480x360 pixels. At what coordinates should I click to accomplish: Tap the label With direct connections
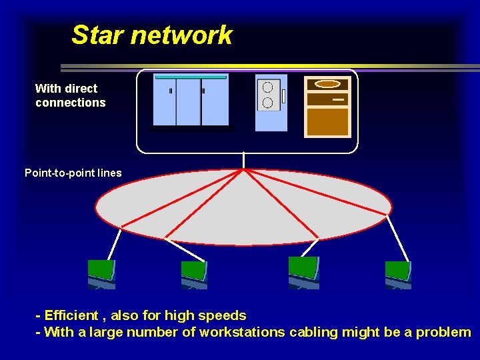(70, 95)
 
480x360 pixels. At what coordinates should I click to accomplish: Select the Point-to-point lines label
(73, 173)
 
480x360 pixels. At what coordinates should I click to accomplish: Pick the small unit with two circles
(271, 101)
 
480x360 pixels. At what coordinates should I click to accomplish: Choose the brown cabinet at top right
(327, 107)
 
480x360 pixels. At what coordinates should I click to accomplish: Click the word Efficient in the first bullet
(71, 315)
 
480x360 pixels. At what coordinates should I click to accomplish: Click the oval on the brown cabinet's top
(327, 84)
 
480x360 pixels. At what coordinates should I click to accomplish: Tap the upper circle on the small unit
(267, 87)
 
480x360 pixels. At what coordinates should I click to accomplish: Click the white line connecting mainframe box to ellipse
(245, 160)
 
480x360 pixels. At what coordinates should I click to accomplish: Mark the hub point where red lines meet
(245, 169)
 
